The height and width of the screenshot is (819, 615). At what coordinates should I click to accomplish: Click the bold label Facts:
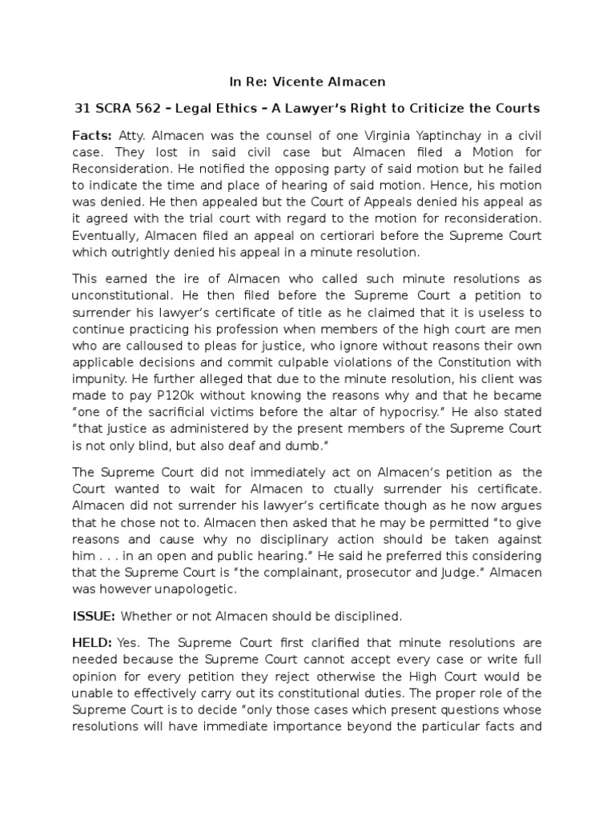point(92,135)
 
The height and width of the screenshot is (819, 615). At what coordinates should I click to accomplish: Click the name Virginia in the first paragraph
point(375,135)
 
